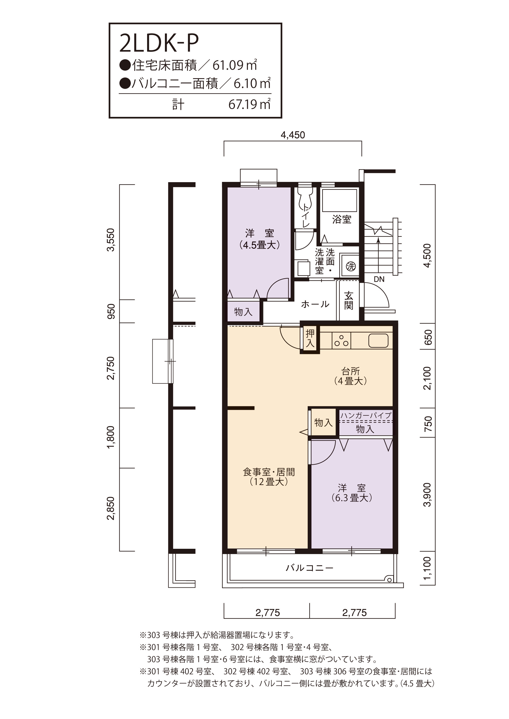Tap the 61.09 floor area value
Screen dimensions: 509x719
[x=228, y=66]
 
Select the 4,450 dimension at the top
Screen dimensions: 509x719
[x=293, y=135]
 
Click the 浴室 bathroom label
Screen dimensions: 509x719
[x=342, y=219]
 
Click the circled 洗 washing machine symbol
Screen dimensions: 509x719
[x=351, y=267]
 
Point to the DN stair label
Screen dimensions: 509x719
[x=379, y=279]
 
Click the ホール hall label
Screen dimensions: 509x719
[x=315, y=304]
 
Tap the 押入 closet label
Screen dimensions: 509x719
[x=310, y=338]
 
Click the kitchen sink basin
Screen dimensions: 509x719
[x=378, y=340]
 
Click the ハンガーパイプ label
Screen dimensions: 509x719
[x=366, y=415]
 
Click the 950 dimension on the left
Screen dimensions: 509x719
[x=111, y=311]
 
